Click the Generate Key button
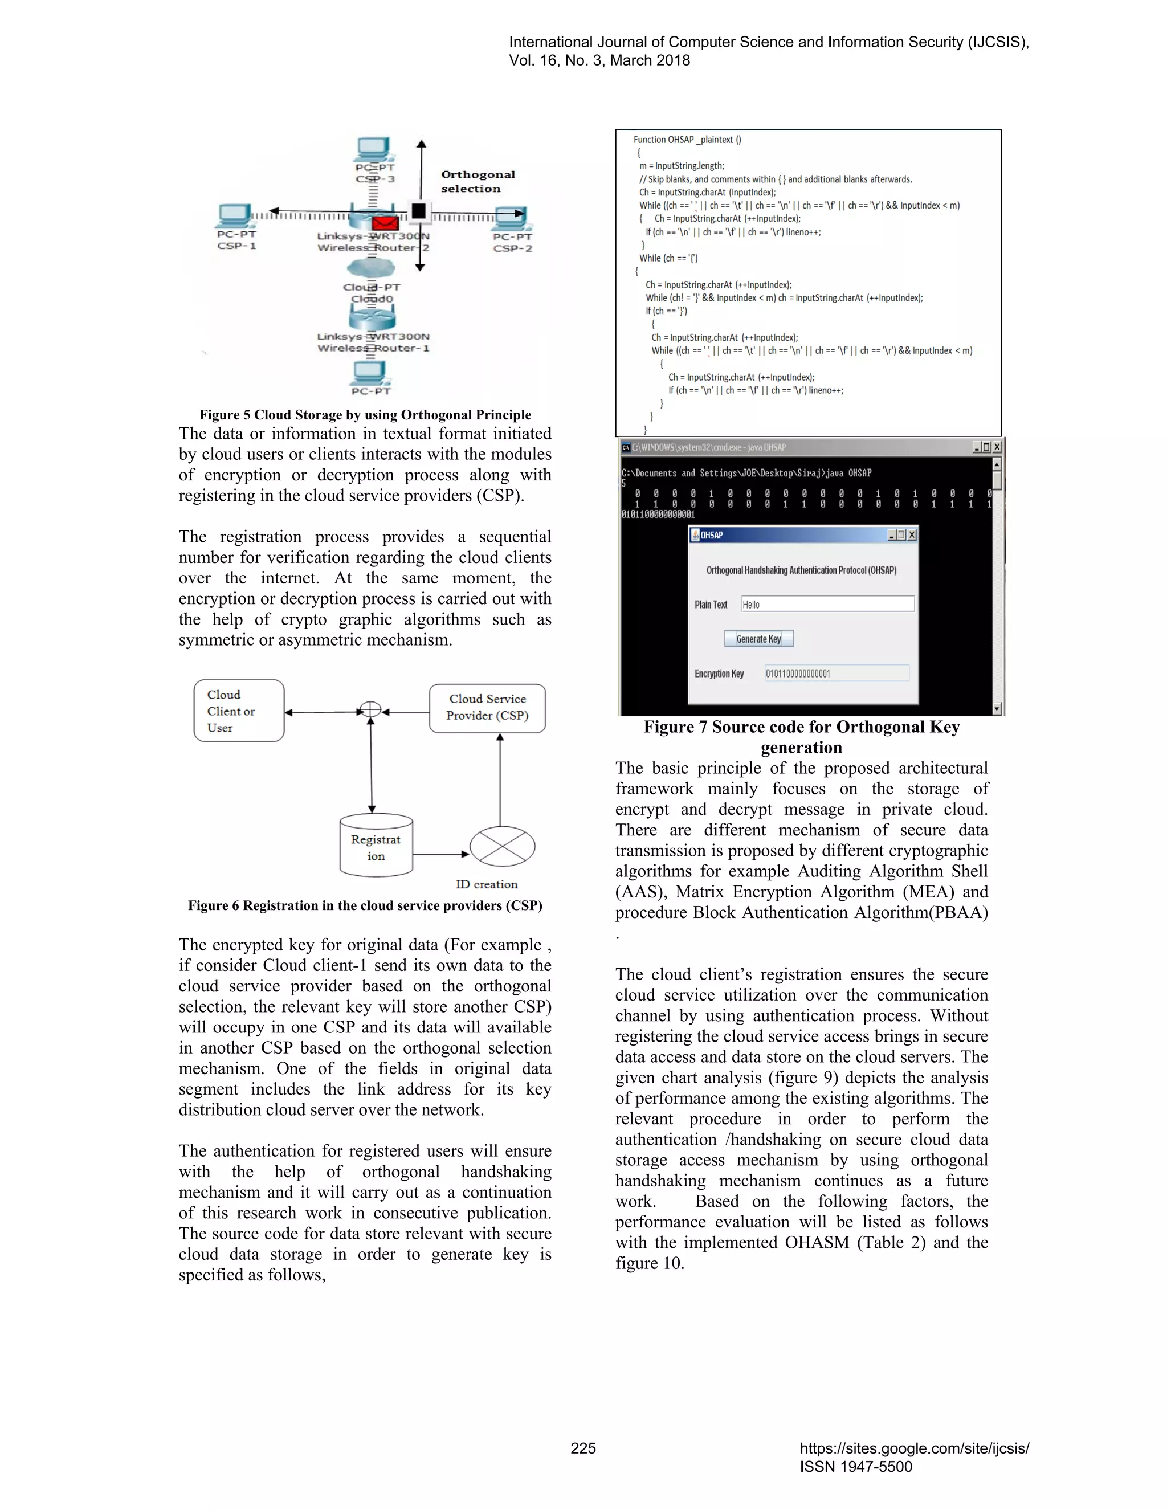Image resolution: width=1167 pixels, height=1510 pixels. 758,639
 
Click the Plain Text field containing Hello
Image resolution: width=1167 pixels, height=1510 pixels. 827,604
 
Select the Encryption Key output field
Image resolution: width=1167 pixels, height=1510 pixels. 837,674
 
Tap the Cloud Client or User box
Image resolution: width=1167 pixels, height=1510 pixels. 239,711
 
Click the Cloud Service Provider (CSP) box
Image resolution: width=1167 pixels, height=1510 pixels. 487,707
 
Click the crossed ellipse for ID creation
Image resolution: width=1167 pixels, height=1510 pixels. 502,846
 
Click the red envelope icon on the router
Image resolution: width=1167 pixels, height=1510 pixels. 385,223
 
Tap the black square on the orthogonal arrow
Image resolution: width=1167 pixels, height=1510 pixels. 418,211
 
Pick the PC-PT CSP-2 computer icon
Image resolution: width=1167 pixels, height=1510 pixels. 512,218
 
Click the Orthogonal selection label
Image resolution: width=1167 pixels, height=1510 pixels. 478,181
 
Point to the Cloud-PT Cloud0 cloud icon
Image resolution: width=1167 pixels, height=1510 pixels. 372,268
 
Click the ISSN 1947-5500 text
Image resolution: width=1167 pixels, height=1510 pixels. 856,1467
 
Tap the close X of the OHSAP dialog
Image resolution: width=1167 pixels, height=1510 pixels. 912,535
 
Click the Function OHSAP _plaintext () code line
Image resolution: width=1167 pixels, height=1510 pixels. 687,140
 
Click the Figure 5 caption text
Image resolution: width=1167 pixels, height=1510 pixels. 365,415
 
